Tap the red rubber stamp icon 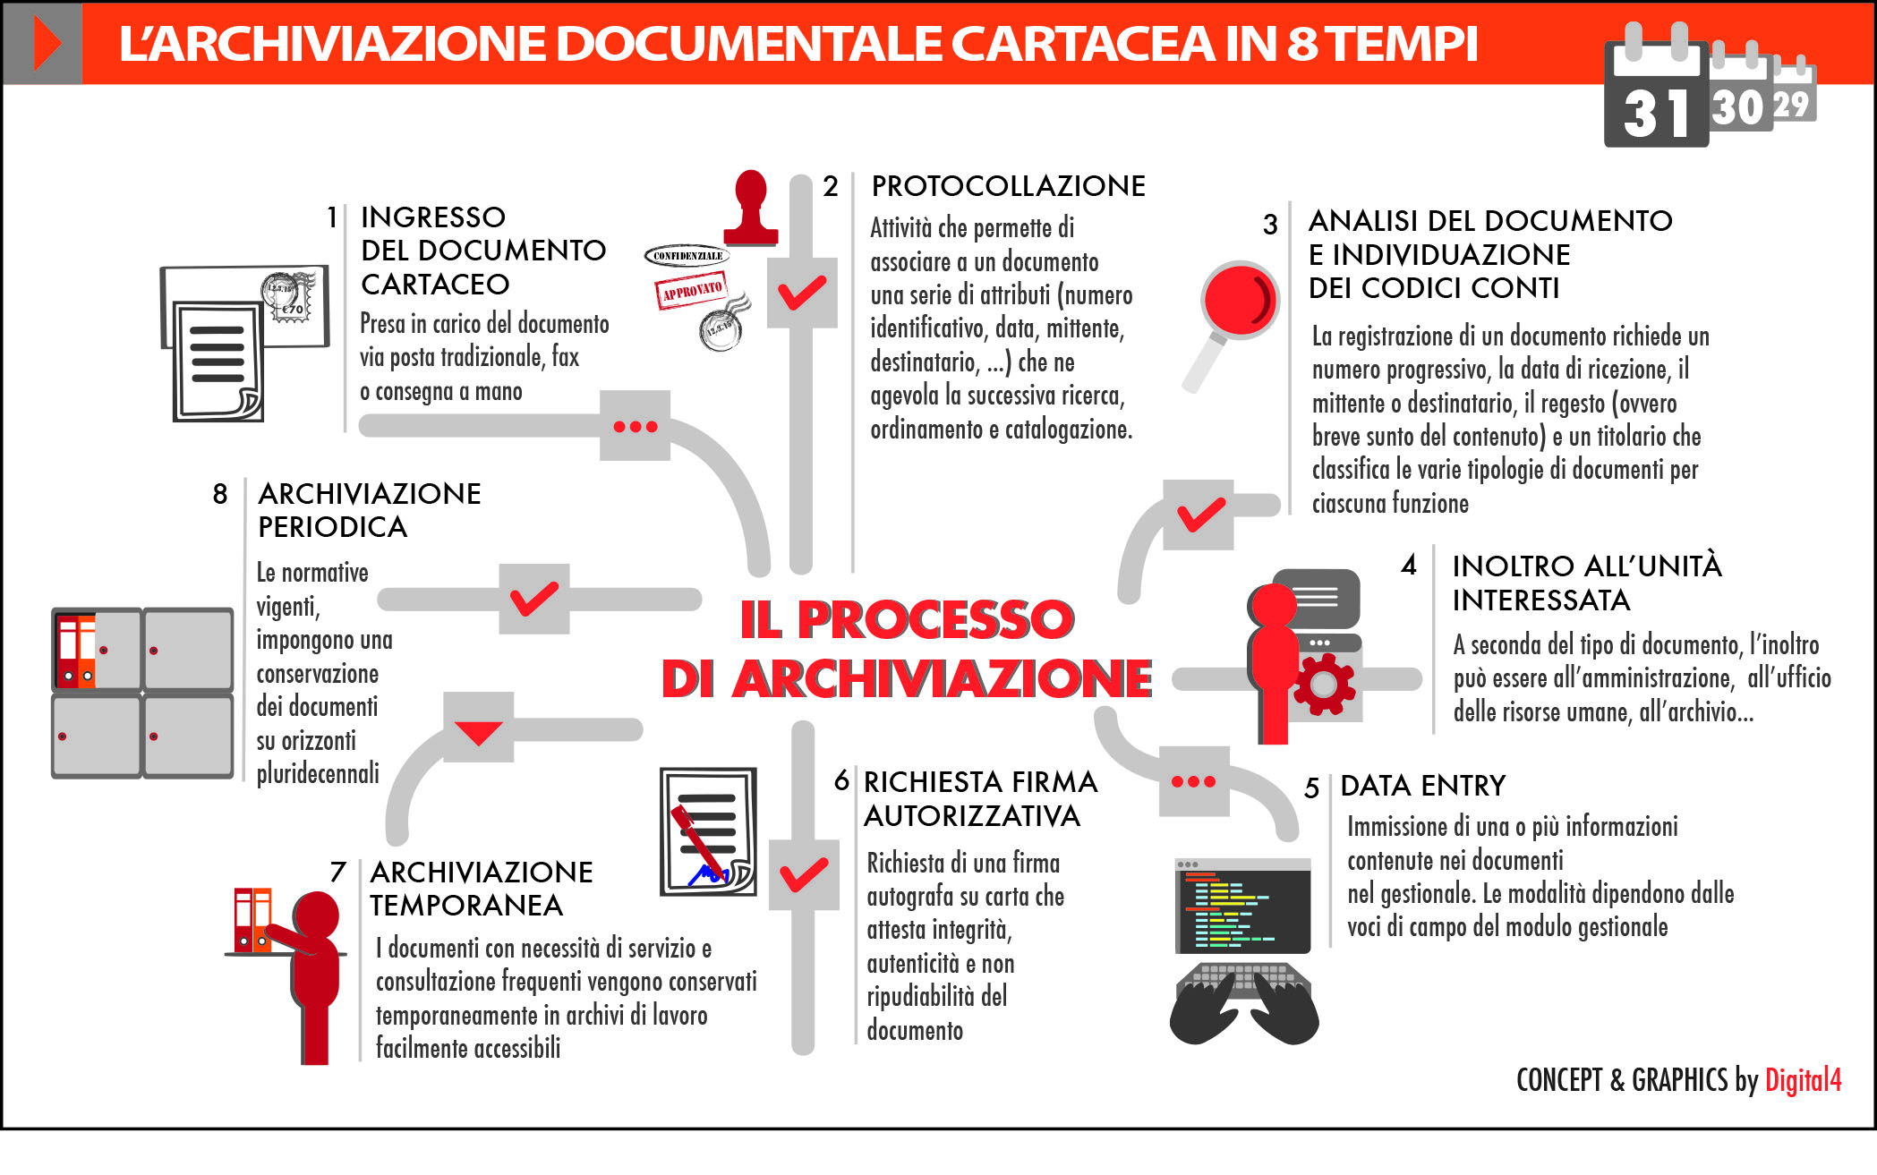click(x=750, y=209)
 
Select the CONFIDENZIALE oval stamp click(x=687, y=256)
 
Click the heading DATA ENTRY click(x=1422, y=786)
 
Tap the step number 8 click(x=220, y=494)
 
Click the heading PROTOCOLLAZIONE click(x=1008, y=186)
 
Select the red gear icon click(x=1324, y=685)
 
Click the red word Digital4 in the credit click(x=1803, y=1080)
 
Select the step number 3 click(x=1270, y=225)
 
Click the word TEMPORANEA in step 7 click(x=466, y=906)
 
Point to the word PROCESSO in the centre click(x=935, y=618)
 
